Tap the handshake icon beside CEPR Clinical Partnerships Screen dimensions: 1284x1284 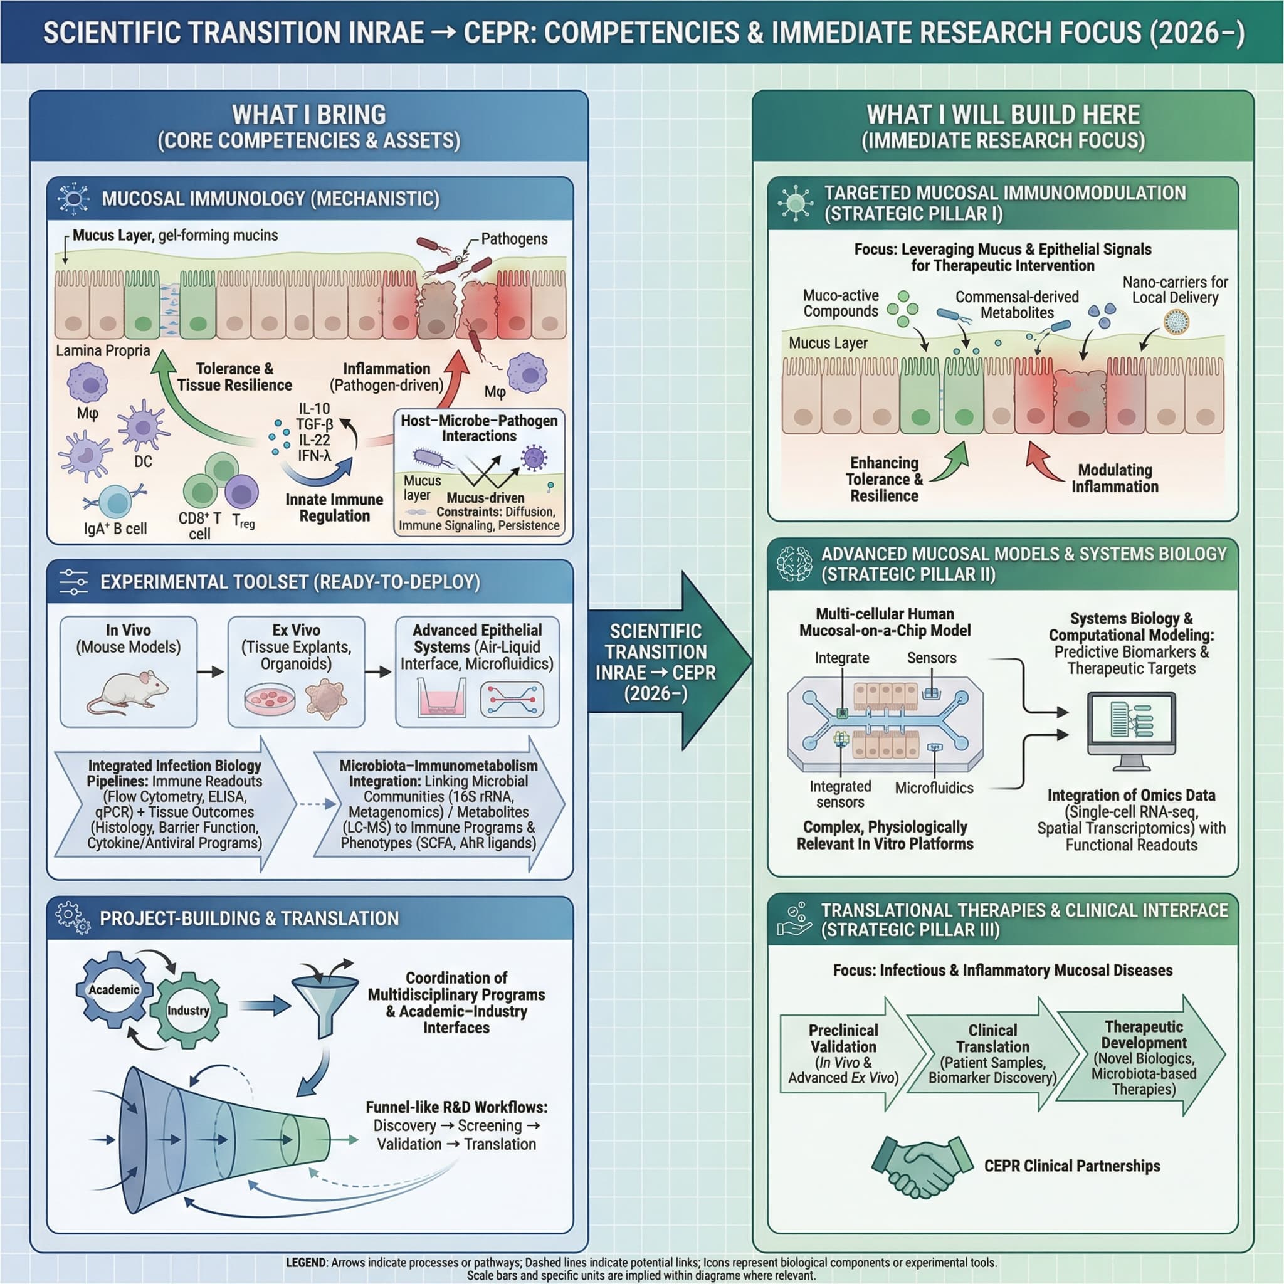tap(920, 1166)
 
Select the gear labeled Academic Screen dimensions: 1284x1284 tap(114, 990)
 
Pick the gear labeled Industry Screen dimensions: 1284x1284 tap(188, 1011)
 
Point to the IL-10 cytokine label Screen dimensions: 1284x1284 tap(313, 409)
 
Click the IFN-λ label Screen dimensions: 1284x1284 tap(314, 456)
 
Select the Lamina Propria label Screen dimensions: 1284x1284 tap(103, 351)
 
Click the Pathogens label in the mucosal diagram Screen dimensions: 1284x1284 tap(513, 239)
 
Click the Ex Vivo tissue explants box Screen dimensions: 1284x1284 tap(297, 671)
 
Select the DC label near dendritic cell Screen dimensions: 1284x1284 tap(143, 461)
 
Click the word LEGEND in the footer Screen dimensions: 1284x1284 tap(306, 1262)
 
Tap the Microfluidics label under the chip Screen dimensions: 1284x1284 tap(934, 787)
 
